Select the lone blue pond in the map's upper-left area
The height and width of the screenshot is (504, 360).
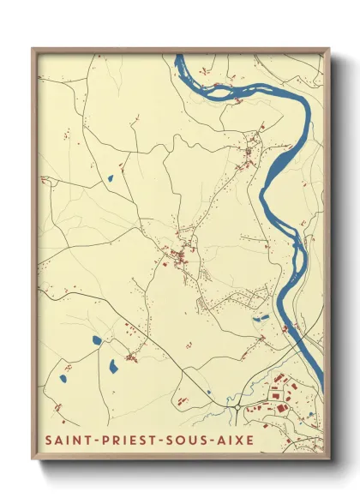coord(109,179)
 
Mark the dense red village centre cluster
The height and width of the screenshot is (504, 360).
coord(182,255)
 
